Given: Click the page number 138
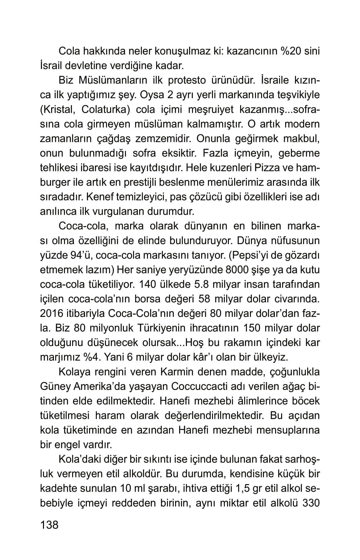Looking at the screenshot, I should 49,525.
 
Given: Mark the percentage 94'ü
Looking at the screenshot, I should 79,255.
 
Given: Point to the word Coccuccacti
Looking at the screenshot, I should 202,386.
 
